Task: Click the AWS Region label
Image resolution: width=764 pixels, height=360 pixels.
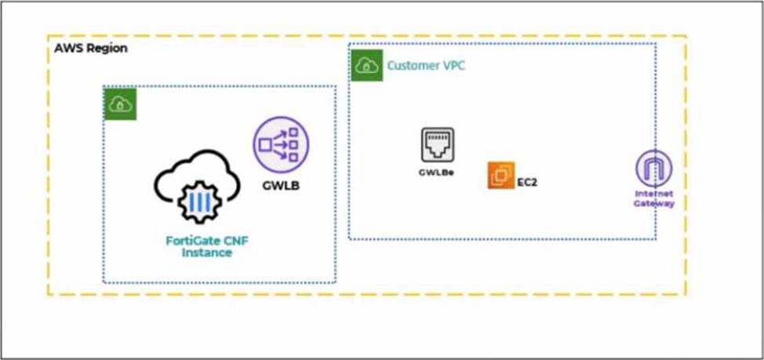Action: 91,49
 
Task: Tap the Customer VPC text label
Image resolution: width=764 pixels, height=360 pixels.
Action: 425,66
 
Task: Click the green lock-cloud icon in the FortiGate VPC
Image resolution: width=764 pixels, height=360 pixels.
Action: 120,104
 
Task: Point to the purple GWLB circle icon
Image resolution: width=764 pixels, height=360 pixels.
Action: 281,144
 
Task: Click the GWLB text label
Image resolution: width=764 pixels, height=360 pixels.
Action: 281,186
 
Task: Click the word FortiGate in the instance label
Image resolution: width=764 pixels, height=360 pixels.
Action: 187,241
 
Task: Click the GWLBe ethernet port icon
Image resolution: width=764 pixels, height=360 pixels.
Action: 437,144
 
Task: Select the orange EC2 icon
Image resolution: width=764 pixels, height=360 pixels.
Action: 500,176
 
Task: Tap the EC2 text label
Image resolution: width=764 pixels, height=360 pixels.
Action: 527,182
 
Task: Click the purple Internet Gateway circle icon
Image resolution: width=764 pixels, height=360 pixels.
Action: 653,169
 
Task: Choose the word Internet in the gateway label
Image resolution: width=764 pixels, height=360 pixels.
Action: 654,193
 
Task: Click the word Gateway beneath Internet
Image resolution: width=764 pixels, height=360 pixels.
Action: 654,203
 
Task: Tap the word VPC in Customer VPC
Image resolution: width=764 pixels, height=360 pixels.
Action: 453,66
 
